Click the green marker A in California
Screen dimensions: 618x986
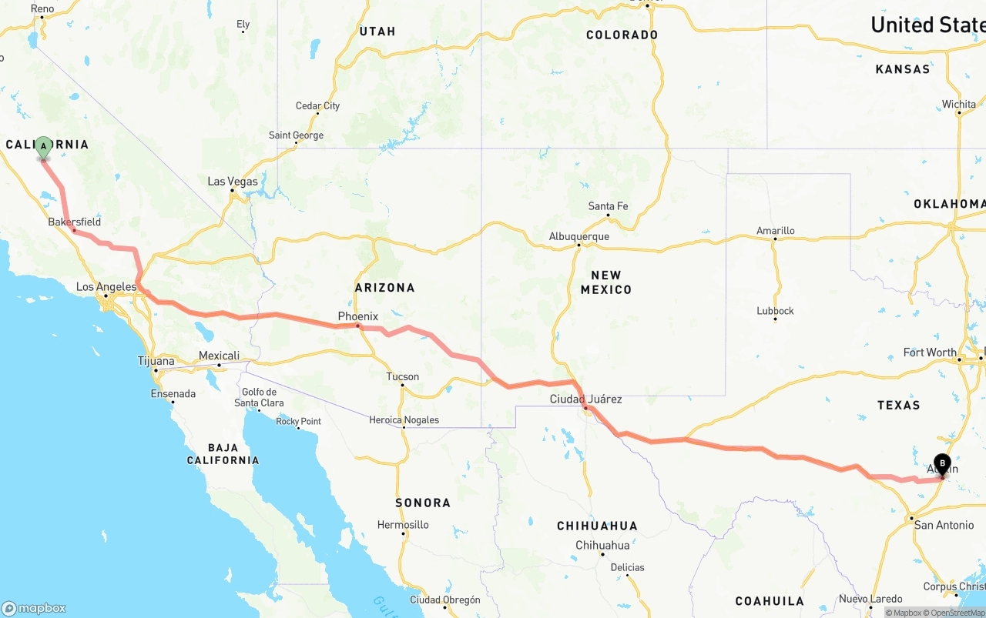(44, 147)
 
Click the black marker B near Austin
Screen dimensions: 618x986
(942, 464)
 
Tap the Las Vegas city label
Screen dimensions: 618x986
(233, 182)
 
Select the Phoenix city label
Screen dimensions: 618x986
(358, 316)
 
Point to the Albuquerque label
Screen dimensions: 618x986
(579, 236)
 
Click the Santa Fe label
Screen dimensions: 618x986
(608, 206)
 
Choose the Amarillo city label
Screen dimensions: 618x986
(775, 230)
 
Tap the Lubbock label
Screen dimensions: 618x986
(775, 311)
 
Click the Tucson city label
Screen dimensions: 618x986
(403, 376)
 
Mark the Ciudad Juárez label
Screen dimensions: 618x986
(585, 399)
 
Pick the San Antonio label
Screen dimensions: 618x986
(944, 525)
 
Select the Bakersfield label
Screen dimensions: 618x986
(74, 222)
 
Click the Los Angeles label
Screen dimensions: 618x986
(106, 287)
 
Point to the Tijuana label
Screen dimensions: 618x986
(156, 361)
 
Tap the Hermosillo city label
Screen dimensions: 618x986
(403, 525)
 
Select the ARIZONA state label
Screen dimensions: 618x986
(384, 288)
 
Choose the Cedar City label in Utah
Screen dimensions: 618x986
(317, 105)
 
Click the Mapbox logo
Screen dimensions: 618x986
(34, 608)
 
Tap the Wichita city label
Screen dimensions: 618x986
(958, 104)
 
